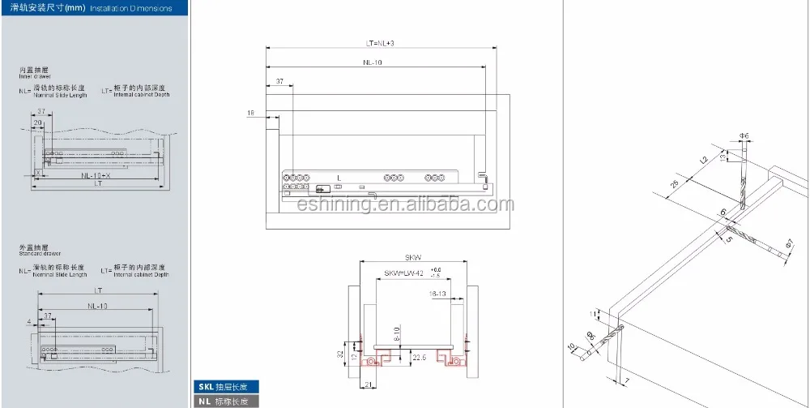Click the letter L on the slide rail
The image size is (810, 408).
(339, 176)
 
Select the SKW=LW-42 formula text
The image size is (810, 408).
(406, 273)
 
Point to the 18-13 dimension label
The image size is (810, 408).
(439, 294)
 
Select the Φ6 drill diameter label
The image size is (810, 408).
(743, 135)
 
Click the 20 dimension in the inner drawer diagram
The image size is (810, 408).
(37, 122)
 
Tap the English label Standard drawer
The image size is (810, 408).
(40, 255)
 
